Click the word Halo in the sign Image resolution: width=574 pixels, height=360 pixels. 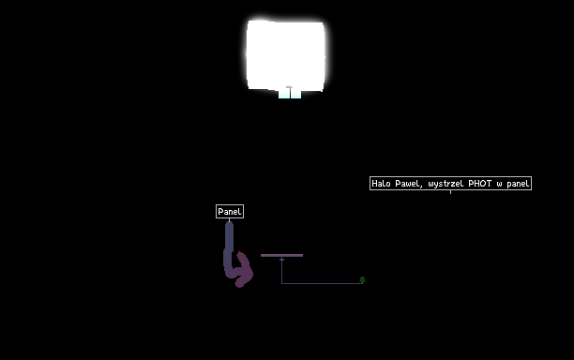tap(381, 184)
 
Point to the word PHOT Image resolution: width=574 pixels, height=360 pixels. tap(480, 184)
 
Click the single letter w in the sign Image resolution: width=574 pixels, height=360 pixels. tap(499, 184)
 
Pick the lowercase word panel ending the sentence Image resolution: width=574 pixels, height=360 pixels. tap(518, 184)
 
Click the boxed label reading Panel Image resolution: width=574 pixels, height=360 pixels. tap(230, 212)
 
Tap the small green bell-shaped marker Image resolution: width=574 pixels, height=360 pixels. tap(362, 279)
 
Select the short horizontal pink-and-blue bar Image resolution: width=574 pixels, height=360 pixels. tap(282, 255)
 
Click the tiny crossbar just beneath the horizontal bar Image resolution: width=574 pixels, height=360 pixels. tap(282, 260)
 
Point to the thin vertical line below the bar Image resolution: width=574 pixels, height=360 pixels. tap(282, 270)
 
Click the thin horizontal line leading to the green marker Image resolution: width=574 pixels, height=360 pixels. tap(322, 283)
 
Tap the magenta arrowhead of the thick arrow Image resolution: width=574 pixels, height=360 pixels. tap(243, 270)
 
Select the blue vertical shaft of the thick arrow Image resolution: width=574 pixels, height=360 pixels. tap(229, 245)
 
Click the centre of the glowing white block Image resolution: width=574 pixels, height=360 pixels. tap(285, 55)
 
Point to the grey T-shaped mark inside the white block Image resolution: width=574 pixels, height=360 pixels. tap(289, 89)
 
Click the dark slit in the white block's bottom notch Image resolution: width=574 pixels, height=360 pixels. tap(290, 94)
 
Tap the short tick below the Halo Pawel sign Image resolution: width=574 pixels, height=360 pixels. tap(450, 191)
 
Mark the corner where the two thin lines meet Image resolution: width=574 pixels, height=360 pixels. tap(282, 283)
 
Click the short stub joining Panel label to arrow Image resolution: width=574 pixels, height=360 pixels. tap(230, 220)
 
